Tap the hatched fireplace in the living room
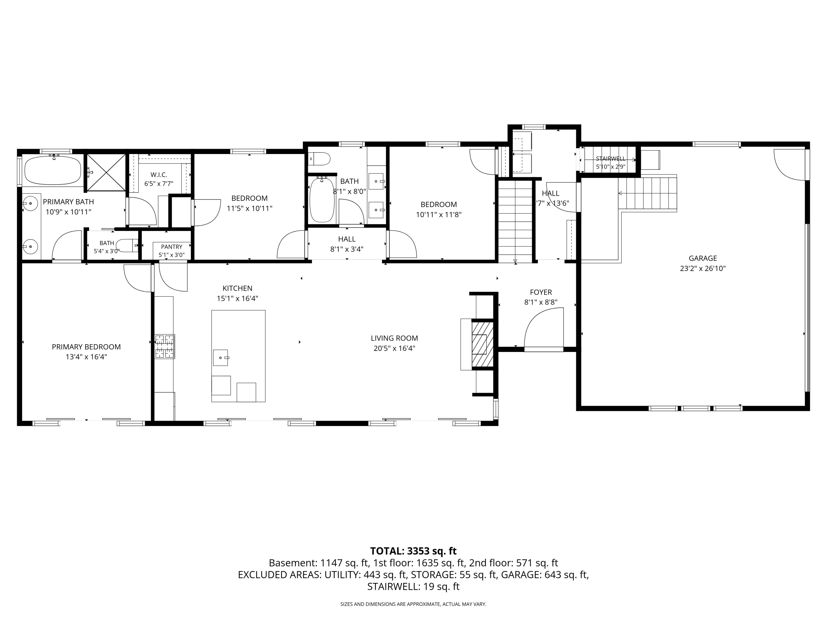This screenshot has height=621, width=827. pyautogui.click(x=483, y=344)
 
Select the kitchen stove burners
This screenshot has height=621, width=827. pyautogui.click(x=165, y=346)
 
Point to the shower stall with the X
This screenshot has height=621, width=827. pyautogui.click(x=106, y=172)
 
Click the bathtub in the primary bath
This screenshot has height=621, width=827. pyautogui.click(x=53, y=170)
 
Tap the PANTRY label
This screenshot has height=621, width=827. pyautogui.click(x=172, y=247)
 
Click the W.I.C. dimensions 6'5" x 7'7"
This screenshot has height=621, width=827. pyautogui.click(x=159, y=184)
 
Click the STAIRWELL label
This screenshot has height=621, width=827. pyautogui.click(x=611, y=159)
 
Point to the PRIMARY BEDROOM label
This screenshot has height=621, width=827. pyautogui.click(x=86, y=347)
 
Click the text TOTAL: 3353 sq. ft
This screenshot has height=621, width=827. pyautogui.click(x=413, y=551)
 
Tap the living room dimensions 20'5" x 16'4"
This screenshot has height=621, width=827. pyautogui.click(x=394, y=349)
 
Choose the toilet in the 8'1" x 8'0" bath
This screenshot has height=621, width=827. pyautogui.click(x=320, y=159)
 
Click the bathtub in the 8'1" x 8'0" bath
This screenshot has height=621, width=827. pyautogui.click(x=322, y=200)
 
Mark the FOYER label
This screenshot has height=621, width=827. pyautogui.click(x=541, y=292)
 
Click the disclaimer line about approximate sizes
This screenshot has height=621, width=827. pyautogui.click(x=413, y=604)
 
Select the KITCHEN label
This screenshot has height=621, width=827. pyautogui.click(x=237, y=288)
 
